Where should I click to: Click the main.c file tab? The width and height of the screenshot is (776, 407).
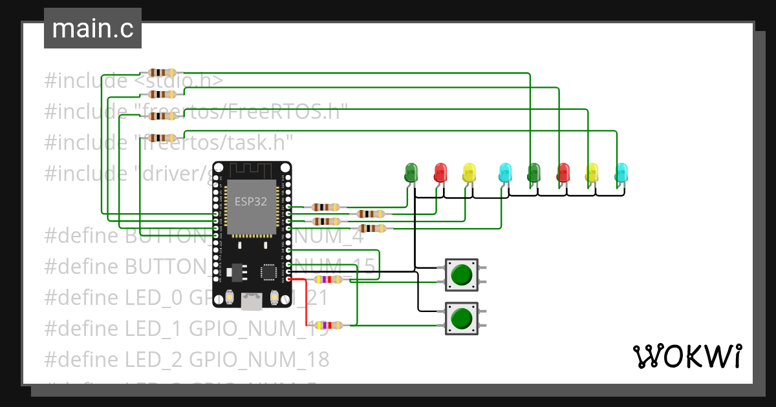pos(92,29)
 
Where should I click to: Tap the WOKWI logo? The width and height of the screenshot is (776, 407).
pos(686,356)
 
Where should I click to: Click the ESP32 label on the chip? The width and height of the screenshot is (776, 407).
pos(251,201)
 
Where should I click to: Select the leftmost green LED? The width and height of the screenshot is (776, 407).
pos(411,172)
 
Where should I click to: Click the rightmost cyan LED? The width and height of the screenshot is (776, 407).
pos(621,172)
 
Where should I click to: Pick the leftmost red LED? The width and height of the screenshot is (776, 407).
pos(441,172)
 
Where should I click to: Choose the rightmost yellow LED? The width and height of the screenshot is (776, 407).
pos(592,172)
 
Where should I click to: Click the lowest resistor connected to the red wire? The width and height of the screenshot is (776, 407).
pos(329,326)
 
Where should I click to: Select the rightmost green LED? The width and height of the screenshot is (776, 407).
pos(534,172)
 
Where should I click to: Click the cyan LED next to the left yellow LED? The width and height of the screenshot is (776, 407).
pos(505,172)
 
